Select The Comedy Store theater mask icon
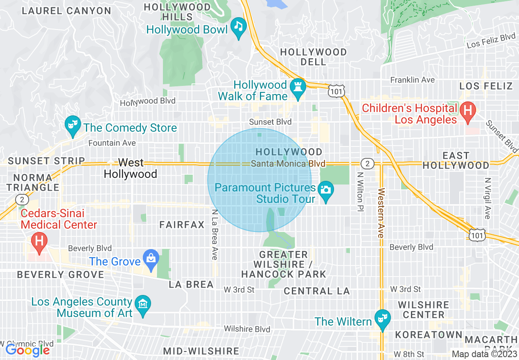click(73, 125)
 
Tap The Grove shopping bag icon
click(151, 259)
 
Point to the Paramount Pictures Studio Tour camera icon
click(326, 191)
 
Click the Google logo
click(28, 350)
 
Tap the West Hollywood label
click(131, 168)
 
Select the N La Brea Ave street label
click(214, 235)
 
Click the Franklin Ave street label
click(412, 80)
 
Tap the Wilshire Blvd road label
click(247, 329)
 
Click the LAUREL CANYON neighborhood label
click(66, 11)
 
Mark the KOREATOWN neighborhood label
click(429, 335)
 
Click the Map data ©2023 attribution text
click(485, 354)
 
